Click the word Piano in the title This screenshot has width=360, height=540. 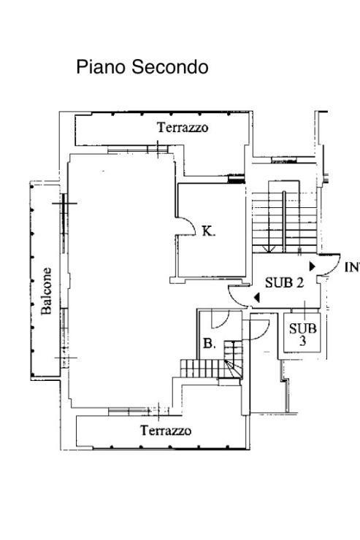click(101, 67)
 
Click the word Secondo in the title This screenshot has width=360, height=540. click(170, 67)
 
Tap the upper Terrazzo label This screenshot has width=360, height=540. click(183, 128)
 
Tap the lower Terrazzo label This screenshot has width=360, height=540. click(166, 431)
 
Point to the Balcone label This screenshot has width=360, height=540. click(46, 291)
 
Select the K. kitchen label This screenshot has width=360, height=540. click(208, 231)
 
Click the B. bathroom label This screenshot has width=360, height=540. click(210, 344)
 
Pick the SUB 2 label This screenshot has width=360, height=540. click(285, 282)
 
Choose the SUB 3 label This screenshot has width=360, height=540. click(302, 334)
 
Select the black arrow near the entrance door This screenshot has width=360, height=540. click(312, 266)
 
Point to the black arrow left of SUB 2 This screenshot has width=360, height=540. click(257, 297)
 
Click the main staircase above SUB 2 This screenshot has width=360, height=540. click(284, 222)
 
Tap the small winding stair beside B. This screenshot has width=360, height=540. click(233, 360)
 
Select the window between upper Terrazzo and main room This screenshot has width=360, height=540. click(138, 150)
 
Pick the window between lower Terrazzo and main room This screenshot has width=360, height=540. click(139, 411)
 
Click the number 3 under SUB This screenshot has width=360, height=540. click(302, 341)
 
